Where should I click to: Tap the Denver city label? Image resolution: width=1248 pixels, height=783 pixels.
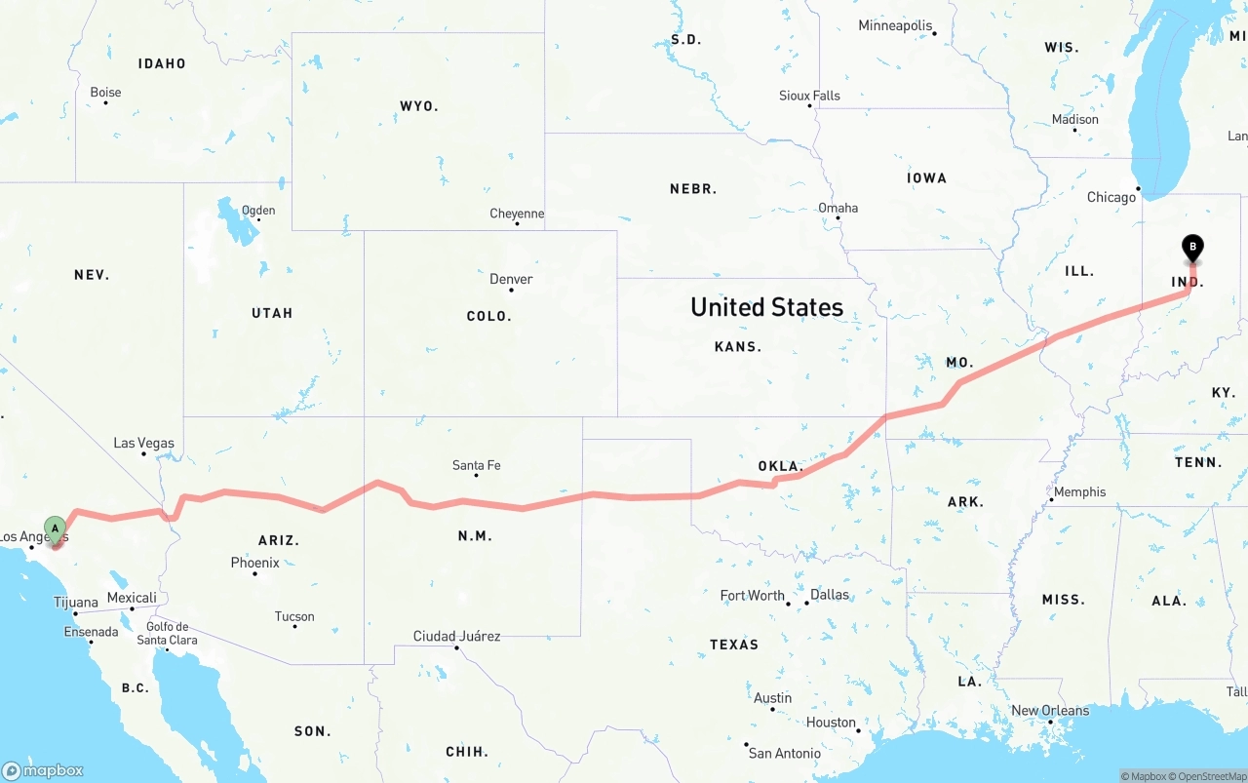click(x=511, y=279)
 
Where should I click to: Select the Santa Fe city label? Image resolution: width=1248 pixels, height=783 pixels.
click(x=476, y=465)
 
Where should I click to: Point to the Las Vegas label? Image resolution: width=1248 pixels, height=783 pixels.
click(x=143, y=443)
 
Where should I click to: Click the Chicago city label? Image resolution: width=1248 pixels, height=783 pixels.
click(x=1111, y=197)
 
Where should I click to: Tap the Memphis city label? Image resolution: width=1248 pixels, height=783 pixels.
click(x=1079, y=491)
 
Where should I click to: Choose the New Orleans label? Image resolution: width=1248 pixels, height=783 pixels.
click(x=1049, y=710)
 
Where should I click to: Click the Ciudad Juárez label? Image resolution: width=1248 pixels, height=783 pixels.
click(x=456, y=636)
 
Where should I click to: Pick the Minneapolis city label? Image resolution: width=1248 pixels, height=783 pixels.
click(x=895, y=25)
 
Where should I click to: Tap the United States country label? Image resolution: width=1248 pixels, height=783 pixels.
click(x=766, y=307)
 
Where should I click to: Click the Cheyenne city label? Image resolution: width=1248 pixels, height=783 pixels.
click(x=517, y=214)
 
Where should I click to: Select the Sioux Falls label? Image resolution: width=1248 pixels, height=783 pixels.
click(x=809, y=96)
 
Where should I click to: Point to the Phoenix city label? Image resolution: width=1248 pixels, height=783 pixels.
click(x=254, y=563)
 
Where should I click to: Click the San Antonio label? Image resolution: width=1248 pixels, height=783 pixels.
click(x=784, y=753)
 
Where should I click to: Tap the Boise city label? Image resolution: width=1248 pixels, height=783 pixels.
click(x=105, y=93)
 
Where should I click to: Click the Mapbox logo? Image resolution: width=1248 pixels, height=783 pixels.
click(x=43, y=770)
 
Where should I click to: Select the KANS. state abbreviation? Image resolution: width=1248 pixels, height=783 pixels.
click(x=738, y=346)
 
